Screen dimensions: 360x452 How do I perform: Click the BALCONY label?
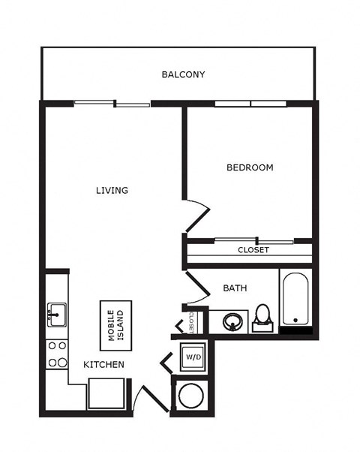coord(183,74)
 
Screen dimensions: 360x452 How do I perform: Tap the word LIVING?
coord(112,190)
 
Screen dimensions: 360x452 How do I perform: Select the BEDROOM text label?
coord(250,167)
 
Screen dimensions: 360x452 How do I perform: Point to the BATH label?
coord(235,288)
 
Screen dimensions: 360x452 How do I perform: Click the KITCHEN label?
coord(104,365)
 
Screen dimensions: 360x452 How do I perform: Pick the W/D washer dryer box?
coord(193,357)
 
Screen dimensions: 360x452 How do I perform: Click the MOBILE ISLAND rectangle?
coord(116,326)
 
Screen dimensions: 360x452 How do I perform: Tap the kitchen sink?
coord(57,315)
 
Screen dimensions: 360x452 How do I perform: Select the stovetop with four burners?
coord(57,354)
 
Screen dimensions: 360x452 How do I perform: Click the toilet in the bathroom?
coord(262,318)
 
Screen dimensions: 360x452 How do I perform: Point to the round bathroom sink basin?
coord(232,322)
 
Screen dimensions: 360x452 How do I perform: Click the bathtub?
coord(295,300)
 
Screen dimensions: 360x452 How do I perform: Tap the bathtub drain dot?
coord(295,321)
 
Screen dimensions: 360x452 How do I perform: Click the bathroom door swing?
coord(198,288)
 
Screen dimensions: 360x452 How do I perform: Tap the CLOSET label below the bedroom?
coord(253,250)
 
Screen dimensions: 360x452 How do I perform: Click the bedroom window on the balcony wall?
coord(250,104)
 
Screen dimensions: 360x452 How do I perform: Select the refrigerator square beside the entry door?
coord(106,393)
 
